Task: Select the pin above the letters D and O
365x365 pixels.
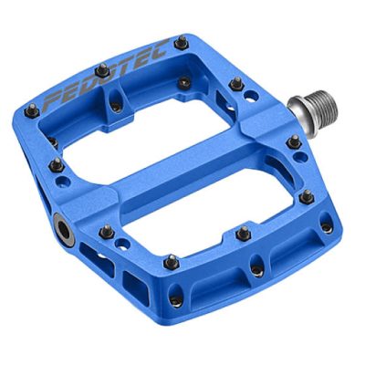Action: pyautogui.click(x=102, y=69)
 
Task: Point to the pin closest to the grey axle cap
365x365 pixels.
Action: pyautogui.click(x=107, y=230)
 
